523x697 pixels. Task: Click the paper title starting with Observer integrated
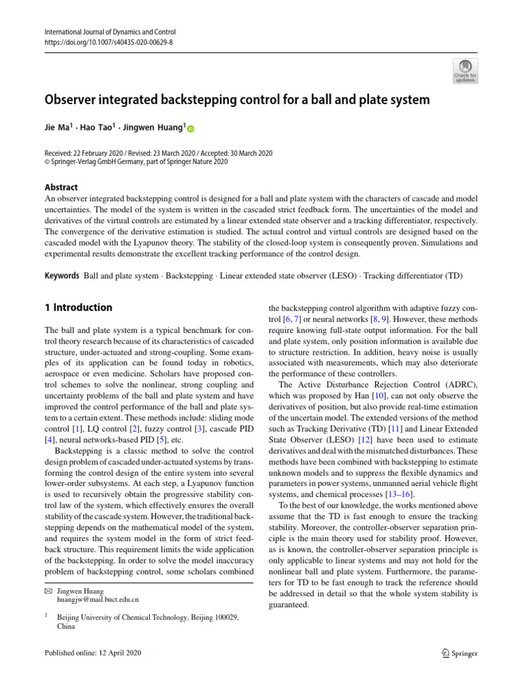[237, 100]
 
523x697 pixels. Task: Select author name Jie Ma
[61, 128]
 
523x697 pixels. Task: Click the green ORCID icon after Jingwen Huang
[191, 129]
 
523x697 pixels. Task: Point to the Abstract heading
[61, 187]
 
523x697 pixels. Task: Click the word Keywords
[62, 276]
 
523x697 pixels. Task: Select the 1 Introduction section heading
[78, 308]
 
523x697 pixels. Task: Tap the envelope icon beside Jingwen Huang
[48, 591]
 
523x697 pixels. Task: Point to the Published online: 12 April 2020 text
[92, 653]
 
